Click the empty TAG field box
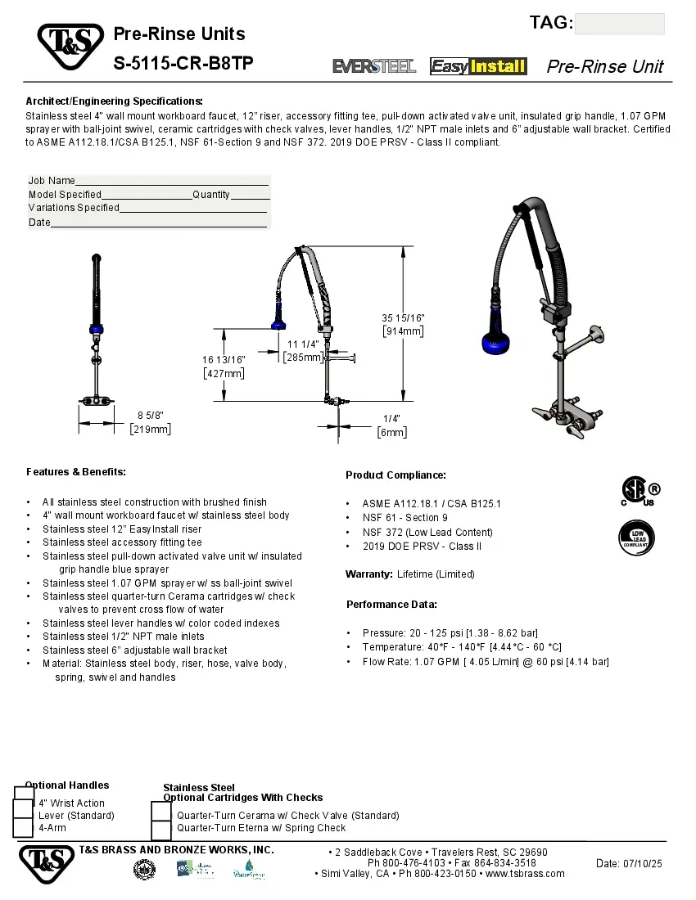point(619,24)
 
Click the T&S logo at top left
point(70,47)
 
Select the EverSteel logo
point(374,66)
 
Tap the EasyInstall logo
point(478,66)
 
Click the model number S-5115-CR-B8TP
point(183,64)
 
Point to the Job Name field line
point(172,181)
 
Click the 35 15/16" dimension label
point(403,317)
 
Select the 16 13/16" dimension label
point(224,359)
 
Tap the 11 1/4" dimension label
point(303,344)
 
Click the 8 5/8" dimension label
point(150,416)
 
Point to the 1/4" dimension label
point(391,418)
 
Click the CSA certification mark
point(638,491)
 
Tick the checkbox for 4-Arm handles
point(24,827)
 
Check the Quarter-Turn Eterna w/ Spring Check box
point(162,828)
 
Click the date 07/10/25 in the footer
point(629,864)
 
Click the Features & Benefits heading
point(76,472)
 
